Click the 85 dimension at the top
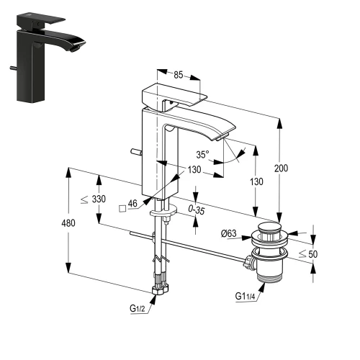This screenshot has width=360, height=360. pyautogui.click(x=179, y=75)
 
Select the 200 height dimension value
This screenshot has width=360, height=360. pyautogui.click(x=281, y=168)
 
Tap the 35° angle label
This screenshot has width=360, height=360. pyautogui.click(x=202, y=155)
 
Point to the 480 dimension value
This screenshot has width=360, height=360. pyautogui.click(x=68, y=223)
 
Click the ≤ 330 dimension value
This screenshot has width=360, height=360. pyautogui.click(x=93, y=199)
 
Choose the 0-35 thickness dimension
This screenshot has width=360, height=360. pyautogui.click(x=197, y=210)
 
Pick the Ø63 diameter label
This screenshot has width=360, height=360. pyautogui.click(x=229, y=233)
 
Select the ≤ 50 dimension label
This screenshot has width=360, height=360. pyautogui.click(x=308, y=254)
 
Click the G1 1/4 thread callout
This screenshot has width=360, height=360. pyautogui.click(x=245, y=297)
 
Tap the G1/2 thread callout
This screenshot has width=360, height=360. pyautogui.click(x=138, y=308)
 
